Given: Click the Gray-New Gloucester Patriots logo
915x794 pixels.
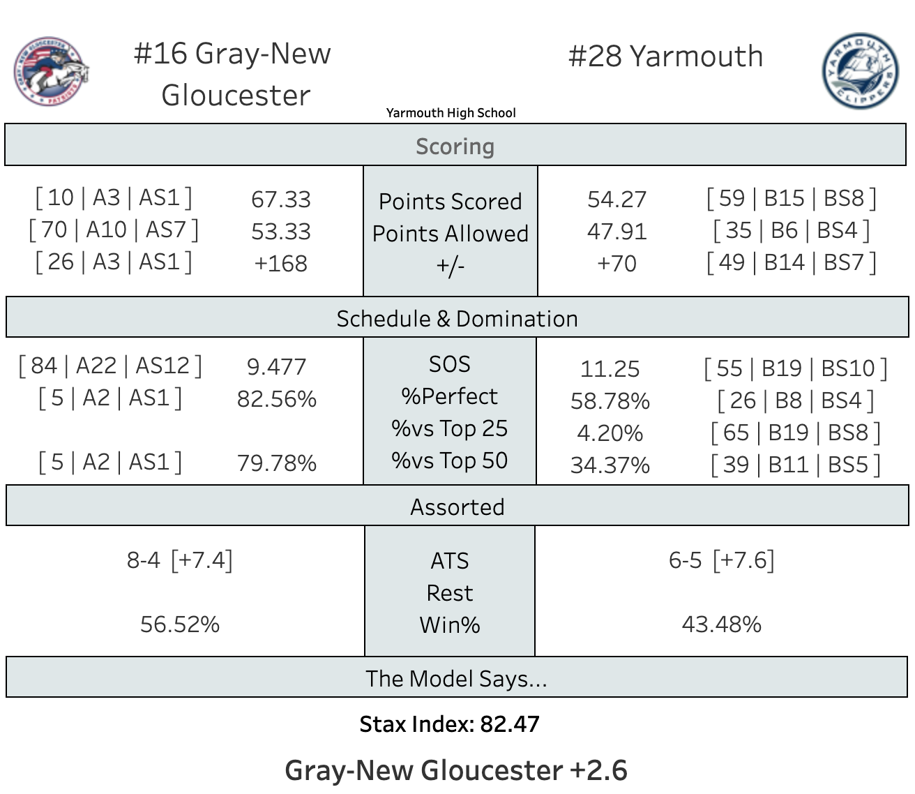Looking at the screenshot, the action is pyautogui.click(x=51, y=71).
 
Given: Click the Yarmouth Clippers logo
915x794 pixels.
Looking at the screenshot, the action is pyautogui.click(x=859, y=71).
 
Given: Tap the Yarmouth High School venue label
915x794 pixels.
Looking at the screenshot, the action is pyautogui.click(x=451, y=113).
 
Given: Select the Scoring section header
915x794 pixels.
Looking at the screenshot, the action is pyautogui.click(x=455, y=147).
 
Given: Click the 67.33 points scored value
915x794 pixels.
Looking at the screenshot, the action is pyautogui.click(x=280, y=200).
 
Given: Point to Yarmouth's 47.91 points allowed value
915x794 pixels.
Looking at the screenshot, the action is pyautogui.click(x=617, y=232).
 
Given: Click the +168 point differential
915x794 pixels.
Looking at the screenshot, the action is pyautogui.click(x=280, y=264).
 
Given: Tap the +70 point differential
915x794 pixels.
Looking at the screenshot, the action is pyautogui.click(x=617, y=264).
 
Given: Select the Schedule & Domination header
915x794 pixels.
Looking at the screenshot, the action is pyautogui.click(x=457, y=319).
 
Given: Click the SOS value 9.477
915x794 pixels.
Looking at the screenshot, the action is pyautogui.click(x=276, y=367).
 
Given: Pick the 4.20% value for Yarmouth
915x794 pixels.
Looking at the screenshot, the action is pyautogui.click(x=610, y=433).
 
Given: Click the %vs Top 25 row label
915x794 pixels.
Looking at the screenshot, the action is pyautogui.click(x=450, y=428).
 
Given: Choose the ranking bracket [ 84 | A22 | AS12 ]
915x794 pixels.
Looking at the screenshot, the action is pyautogui.click(x=110, y=366).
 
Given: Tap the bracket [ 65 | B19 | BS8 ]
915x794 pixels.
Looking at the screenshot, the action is pyautogui.click(x=795, y=433).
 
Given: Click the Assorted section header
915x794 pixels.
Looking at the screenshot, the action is pyautogui.click(x=457, y=507).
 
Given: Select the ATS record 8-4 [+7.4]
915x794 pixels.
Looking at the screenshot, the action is pyautogui.click(x=179, y=560).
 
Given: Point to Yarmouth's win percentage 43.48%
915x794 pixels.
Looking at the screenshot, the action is pyautogui.click(x=721, y=624).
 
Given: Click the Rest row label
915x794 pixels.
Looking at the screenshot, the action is pyautogui.click(x=450, y=593).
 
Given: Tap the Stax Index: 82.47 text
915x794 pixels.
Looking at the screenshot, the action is pyautogui.click(x=450, y=724).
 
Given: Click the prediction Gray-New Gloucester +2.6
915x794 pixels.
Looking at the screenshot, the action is pyautogui.click(x=456, y=770).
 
